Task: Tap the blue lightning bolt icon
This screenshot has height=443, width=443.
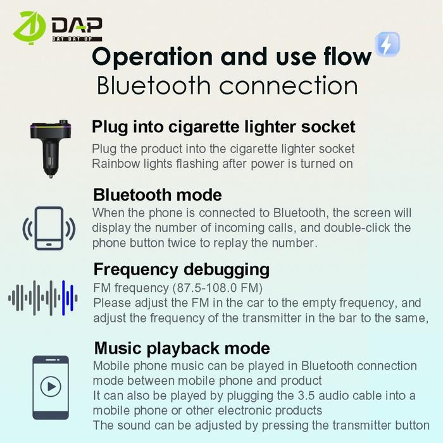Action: pyautogui.click(x=387, y=44)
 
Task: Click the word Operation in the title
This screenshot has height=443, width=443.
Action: pyautogui.click(x=153, y=57)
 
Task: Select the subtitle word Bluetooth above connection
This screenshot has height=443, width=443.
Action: pyautogui.click(x=154, y=85)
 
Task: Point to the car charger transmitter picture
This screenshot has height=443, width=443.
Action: pyautogui.click(x=51, y=149)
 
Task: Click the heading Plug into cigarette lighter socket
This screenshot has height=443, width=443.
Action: pyautogui.click(x=223, y=127)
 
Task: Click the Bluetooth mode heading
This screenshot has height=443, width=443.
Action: pyautogui.click(x=158, y=195)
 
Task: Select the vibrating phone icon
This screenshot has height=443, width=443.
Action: pyautogui.click(x=49, y=228)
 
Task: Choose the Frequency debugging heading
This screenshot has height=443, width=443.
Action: pyautogui.click(x=182, y=269)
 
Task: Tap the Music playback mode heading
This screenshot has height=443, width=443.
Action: pyautogui.click(x=182, y=348)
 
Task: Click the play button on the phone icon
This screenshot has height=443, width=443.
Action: pyautogui.click(x=51, y=386)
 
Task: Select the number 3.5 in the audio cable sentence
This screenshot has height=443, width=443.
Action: pyautogui.click(x=306, y=396)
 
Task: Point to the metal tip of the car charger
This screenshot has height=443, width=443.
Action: pyautogui.click(x=51, y=176)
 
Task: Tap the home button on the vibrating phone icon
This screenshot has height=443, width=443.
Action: pyautogui.click(x=49, y=244)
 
